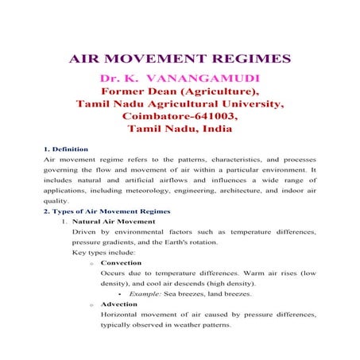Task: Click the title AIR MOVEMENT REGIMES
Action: point(180,60)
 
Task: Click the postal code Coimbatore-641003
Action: point(180,116)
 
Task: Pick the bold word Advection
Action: point(120,304)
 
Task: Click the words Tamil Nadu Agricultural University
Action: point(180,104)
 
